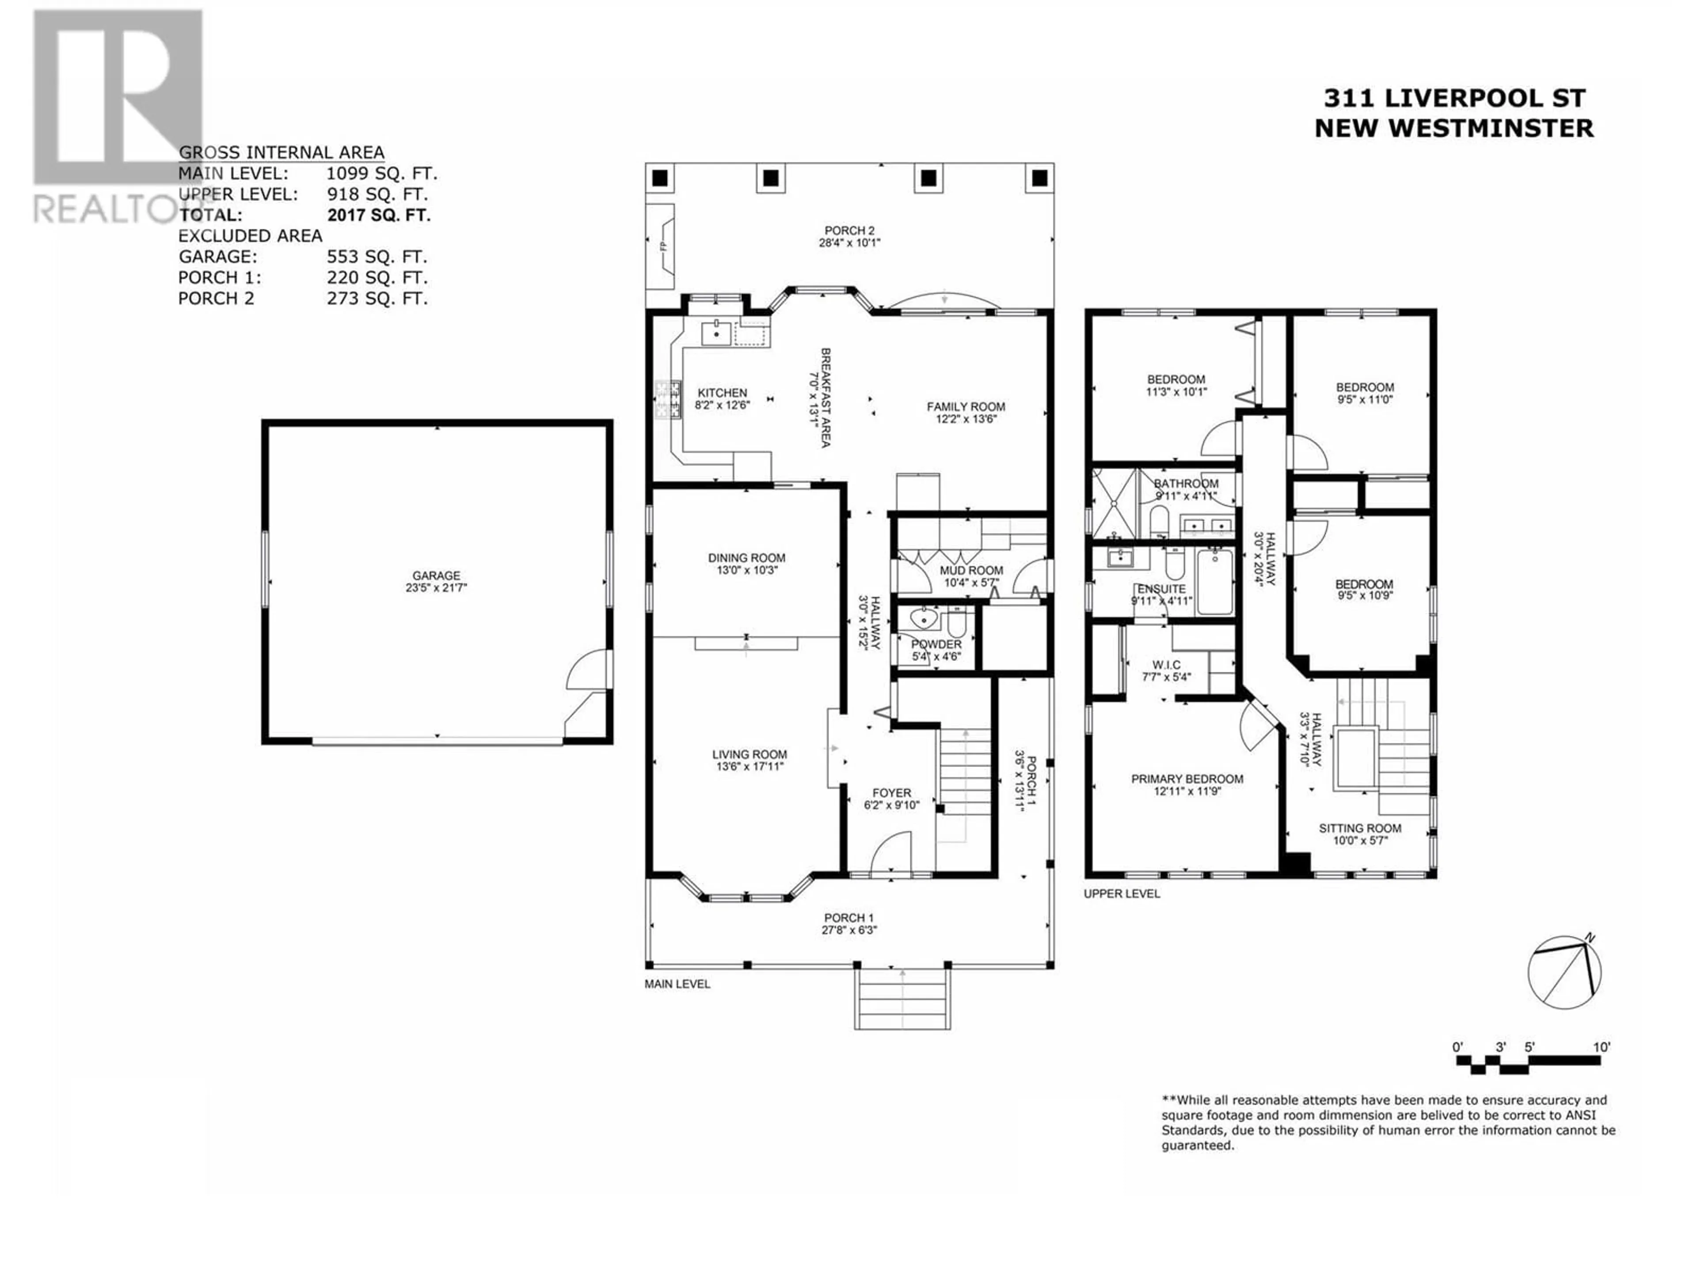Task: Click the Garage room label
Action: point(437,575)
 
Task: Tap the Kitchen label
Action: point(722,393)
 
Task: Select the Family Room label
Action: point(966,406)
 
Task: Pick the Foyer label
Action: point(891,793)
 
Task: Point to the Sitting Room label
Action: point(1360,828)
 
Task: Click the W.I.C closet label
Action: point(1166,665)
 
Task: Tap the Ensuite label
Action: point(1161,589)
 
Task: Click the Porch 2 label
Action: point(849,230)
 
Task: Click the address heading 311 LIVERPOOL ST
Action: point(1454,98)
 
